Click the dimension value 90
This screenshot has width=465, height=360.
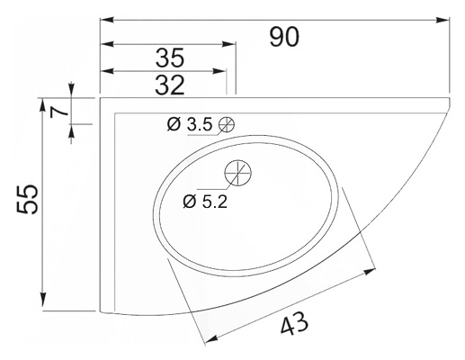click(284, 37)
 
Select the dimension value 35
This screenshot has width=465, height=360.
click(170, 58)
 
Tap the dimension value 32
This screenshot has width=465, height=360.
click(170, 85)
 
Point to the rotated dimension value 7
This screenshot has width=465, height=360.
click(58, 112)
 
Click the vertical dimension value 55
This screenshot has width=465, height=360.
click(27, 199)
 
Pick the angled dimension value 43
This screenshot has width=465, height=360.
click(294, 323)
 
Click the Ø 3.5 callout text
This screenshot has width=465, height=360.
click(190, 124)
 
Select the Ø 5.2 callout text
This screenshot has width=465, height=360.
click(205, 202)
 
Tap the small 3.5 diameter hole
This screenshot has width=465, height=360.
click(227, 124)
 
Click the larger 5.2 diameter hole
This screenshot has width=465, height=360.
click(238, 173)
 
